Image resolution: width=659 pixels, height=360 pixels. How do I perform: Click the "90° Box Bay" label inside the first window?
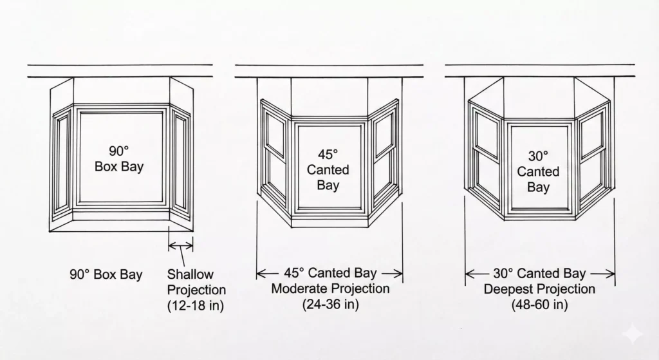coord(119,159)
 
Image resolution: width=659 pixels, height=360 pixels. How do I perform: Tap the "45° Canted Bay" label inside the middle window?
coord(328,169)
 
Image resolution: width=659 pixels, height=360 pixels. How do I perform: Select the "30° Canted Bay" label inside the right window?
coord(538,171)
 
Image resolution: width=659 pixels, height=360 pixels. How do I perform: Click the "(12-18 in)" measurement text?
coord(196,305)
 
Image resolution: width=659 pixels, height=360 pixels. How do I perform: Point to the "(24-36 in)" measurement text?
coord(330,304)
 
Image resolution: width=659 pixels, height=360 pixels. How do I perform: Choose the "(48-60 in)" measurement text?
coord(540,304)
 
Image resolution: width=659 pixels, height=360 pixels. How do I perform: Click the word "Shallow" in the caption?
coord(190,274)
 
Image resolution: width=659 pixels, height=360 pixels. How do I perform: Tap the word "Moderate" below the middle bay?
coord(299,289)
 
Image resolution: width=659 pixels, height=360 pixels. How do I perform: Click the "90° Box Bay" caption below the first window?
coord(106,274)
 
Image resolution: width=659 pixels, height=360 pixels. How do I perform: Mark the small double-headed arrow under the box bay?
coord(181,245)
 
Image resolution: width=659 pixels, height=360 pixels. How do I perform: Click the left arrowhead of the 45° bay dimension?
coord(261,274)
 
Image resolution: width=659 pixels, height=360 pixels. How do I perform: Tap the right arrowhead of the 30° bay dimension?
coord(609,274)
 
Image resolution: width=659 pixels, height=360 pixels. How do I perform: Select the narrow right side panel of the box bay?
coord(181,164)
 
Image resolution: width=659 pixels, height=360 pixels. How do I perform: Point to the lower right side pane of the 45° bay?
coord(384,174)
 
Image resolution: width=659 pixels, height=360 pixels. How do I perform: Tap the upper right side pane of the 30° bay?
coord(592,133)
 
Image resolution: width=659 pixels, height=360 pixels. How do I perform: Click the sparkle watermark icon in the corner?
coord(633,335)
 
